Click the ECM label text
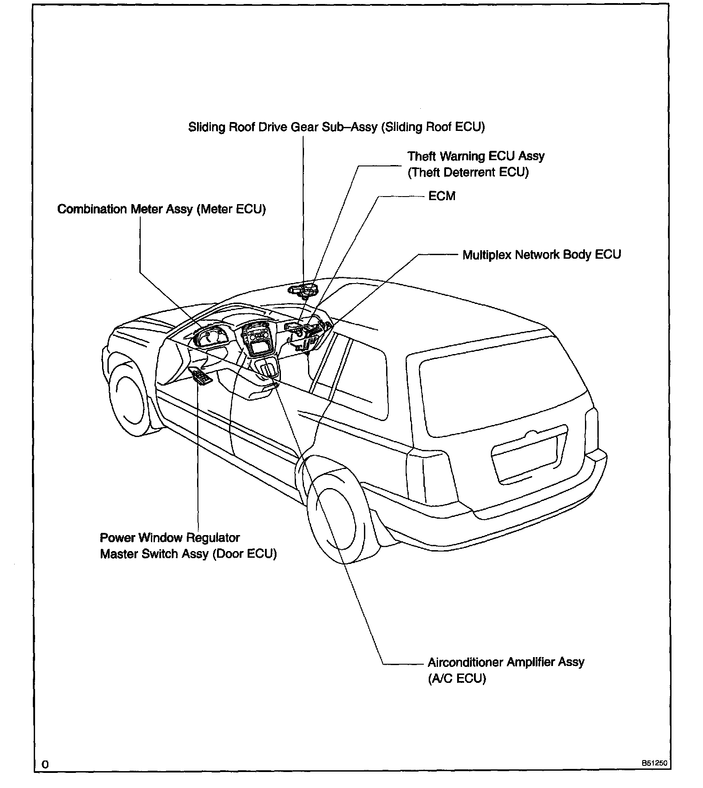coord(442,196)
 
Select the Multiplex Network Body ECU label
coord(541,255)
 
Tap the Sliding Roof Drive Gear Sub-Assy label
coord(336,127)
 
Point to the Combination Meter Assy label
coord(162,209)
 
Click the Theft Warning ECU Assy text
coord(476,156)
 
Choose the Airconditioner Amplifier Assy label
coord(506,662)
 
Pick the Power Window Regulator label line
coord(170,538)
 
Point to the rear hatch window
coord(502,390)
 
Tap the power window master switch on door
coord(201,377)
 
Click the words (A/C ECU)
coord(457,679)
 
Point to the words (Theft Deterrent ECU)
coord(468,172)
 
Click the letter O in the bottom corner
coord(45,764)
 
